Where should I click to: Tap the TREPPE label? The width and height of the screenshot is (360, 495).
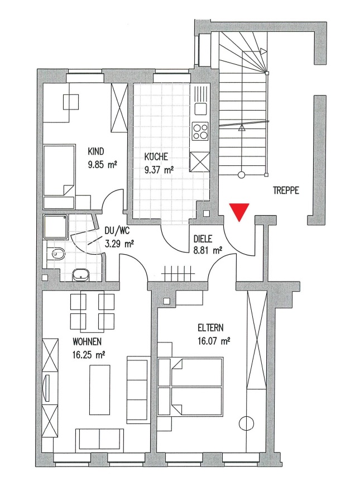coord(286,191)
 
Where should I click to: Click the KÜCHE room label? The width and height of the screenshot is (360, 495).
coord(156,156)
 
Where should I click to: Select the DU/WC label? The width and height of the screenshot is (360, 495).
coord(117,231)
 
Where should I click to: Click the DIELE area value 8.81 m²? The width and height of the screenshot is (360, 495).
coord(207,251)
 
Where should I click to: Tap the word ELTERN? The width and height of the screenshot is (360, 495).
coord(210,328)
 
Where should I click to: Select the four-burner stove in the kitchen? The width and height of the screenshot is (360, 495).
coord(201,131)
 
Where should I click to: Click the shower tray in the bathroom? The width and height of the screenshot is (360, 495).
coord(56,227)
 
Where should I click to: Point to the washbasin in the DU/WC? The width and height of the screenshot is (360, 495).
coord(80,275)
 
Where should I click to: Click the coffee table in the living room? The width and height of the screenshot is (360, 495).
coord(100,389)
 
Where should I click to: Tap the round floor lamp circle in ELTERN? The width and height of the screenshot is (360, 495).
coord(247,422)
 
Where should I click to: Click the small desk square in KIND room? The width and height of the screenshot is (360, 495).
coord(71,102)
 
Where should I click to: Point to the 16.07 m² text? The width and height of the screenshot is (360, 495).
coord(214,341)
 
